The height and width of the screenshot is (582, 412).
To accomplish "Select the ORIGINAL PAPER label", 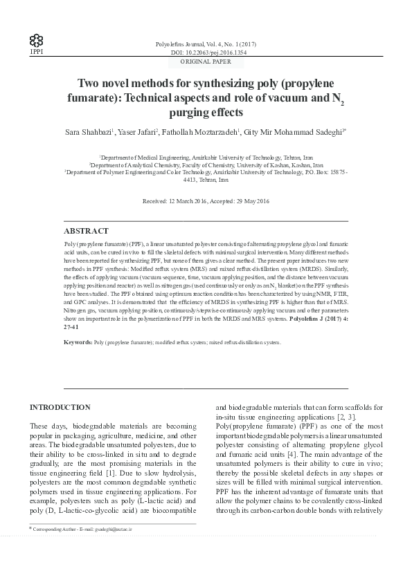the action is point(206,62).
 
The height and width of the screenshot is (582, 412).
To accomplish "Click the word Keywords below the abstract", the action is point(78,342).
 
